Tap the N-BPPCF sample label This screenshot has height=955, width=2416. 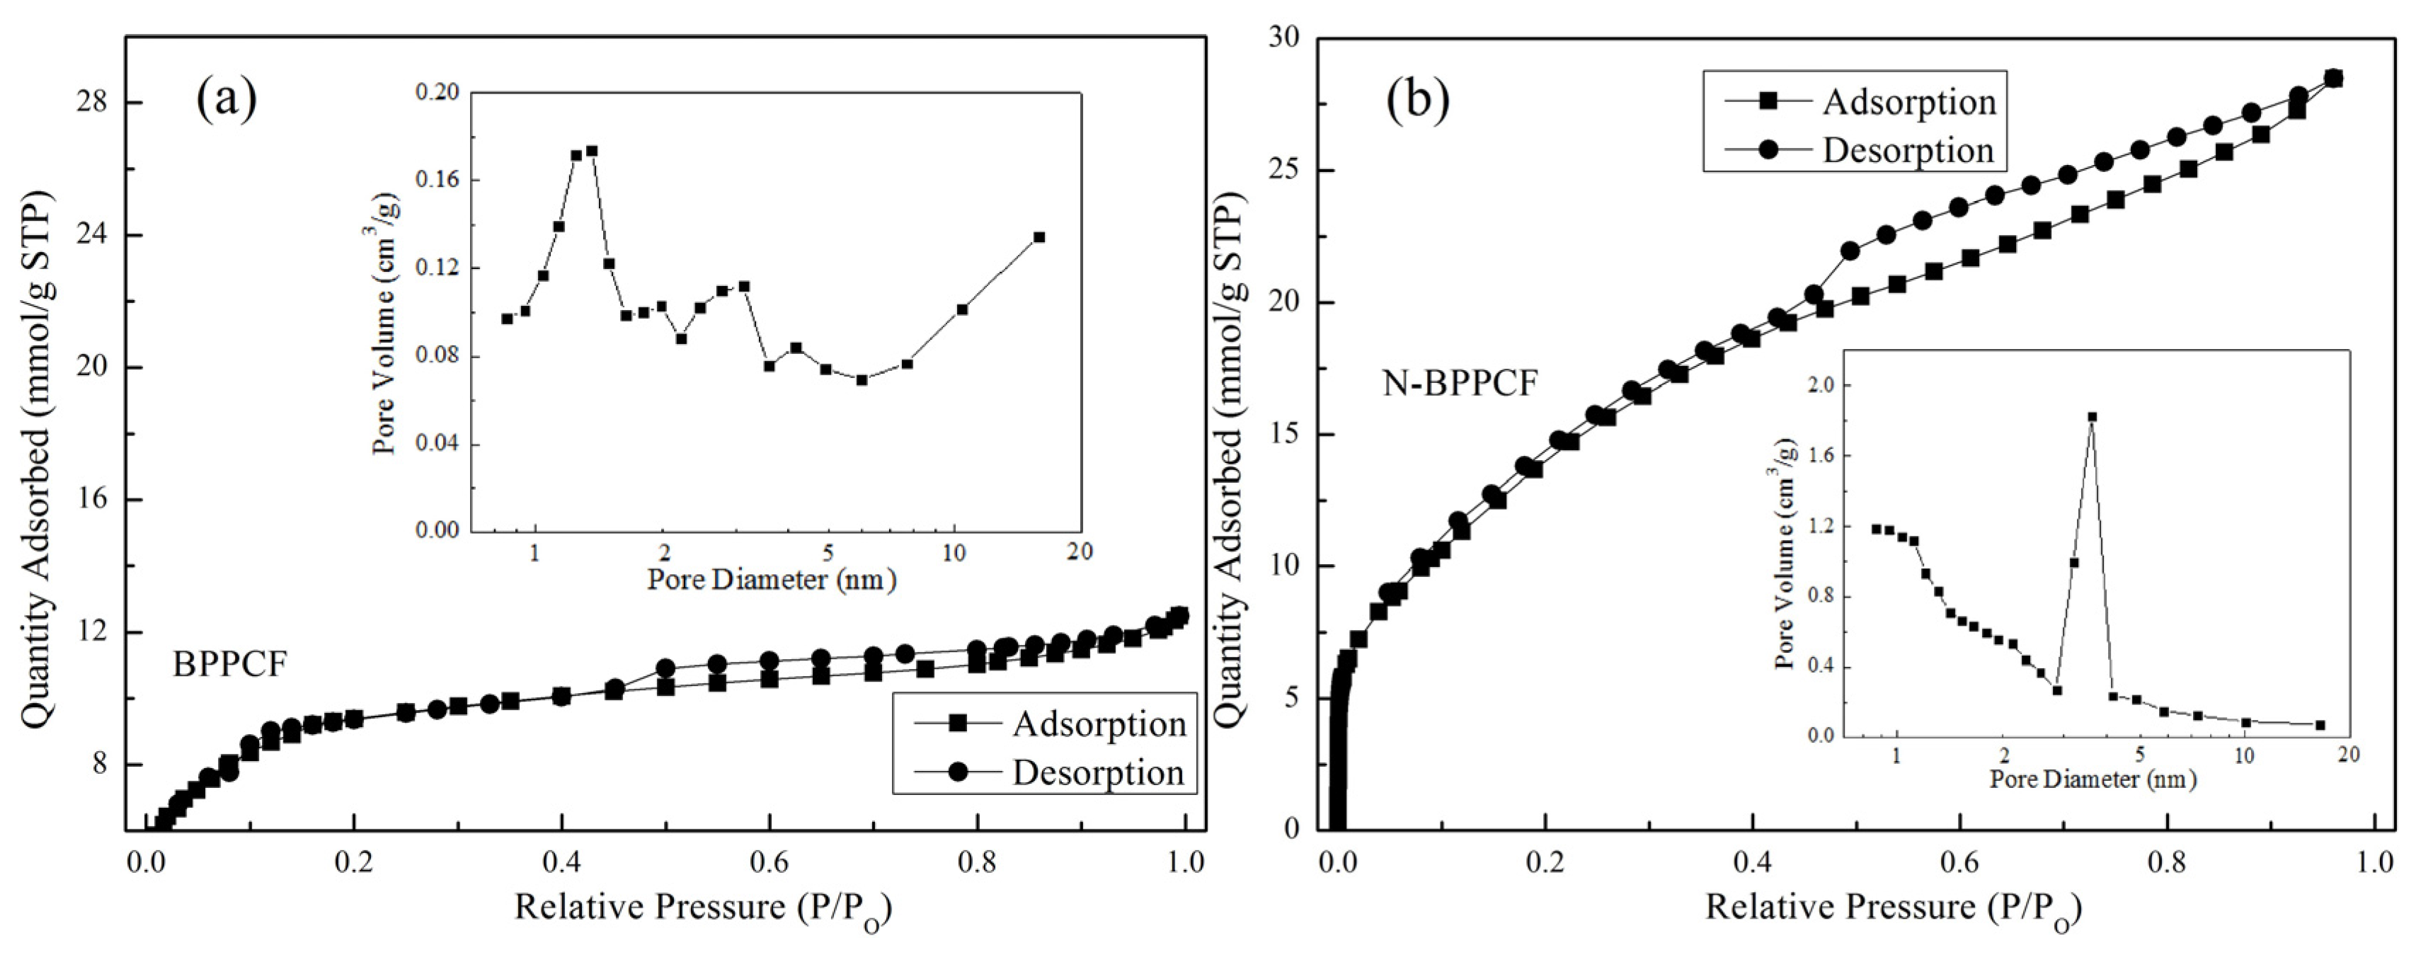1460,383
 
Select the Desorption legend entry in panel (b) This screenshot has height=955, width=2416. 1908,150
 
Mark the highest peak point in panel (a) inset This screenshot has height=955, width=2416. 592,150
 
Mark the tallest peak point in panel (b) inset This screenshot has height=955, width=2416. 2092,416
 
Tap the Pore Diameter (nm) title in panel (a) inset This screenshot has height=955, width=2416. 771,580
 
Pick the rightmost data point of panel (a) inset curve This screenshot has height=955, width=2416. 1038,237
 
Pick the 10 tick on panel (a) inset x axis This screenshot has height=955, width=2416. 954,553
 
